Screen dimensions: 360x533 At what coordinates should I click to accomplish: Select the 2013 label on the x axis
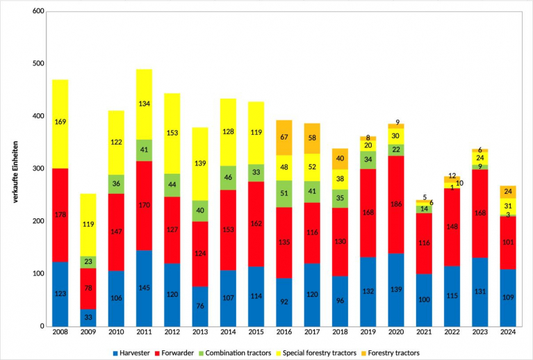(199, 333)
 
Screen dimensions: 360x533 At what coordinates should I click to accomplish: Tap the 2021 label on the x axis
(423, 333)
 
